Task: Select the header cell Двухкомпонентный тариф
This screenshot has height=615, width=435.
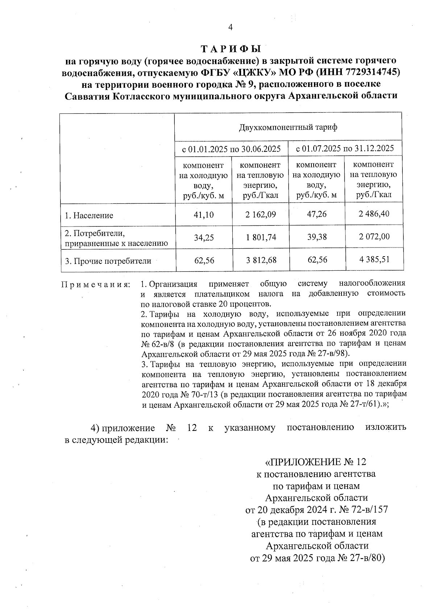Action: (288, 127)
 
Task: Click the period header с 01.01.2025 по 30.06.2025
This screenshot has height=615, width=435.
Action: (231, 149)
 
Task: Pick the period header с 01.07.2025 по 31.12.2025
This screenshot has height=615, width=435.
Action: (345, 148)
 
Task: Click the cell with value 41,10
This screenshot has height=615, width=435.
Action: (204, 215)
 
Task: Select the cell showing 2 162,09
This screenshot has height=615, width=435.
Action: (260, 215)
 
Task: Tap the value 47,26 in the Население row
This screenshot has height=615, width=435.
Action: (316, 214)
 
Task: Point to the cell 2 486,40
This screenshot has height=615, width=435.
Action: (374, 214)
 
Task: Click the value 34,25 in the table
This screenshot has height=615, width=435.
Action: (204, 238)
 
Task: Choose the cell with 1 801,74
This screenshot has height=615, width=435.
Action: (260, 237)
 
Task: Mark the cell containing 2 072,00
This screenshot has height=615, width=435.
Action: (374, 237)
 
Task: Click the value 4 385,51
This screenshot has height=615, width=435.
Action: (374, 259)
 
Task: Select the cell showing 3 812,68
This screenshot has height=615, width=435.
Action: (260, 260)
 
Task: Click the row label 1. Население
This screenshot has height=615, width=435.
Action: (89, 216)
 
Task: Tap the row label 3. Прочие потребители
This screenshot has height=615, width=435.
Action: (108, 261)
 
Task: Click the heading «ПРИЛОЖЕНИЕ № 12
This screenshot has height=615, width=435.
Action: (316, 462)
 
